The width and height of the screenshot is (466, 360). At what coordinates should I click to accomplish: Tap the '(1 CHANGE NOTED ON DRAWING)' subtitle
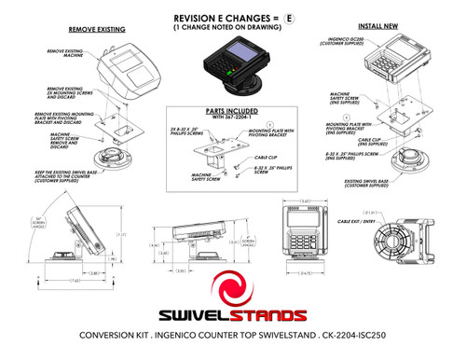pos(227,29)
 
